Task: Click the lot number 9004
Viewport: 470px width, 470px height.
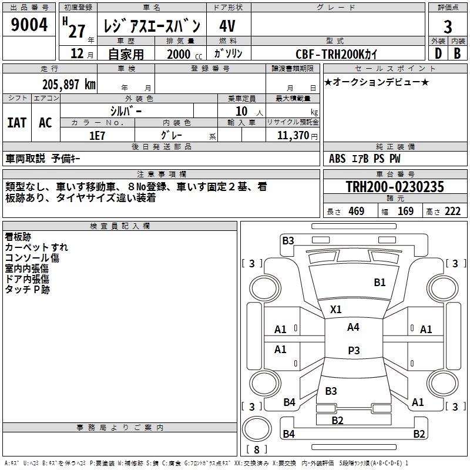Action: tap(29, 25)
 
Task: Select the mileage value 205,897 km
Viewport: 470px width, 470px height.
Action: tap(69, 84)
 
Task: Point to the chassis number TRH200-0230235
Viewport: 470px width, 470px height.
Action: tap(395, 187)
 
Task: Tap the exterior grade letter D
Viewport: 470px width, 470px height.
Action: tap(438, 53)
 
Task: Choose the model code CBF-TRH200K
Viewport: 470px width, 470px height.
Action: tap(337, 53)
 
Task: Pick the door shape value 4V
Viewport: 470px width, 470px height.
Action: tap(227, 26)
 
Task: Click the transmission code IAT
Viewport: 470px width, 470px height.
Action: tap(16, 123)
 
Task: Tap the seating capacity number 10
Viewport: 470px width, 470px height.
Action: tap(242, 111)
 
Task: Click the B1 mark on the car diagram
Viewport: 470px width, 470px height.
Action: tap(380, 283)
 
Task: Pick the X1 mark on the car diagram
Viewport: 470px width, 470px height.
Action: tap(336, 309)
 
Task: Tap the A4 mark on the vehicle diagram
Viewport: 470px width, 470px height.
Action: tap(353, 327)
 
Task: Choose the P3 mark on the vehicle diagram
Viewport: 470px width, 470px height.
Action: tap(353, 351)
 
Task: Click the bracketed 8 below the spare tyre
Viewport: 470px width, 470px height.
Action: tap(257, 450)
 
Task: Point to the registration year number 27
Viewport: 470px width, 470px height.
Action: tap(76, 26)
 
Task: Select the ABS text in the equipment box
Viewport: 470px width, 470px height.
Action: tap(337, 159)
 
